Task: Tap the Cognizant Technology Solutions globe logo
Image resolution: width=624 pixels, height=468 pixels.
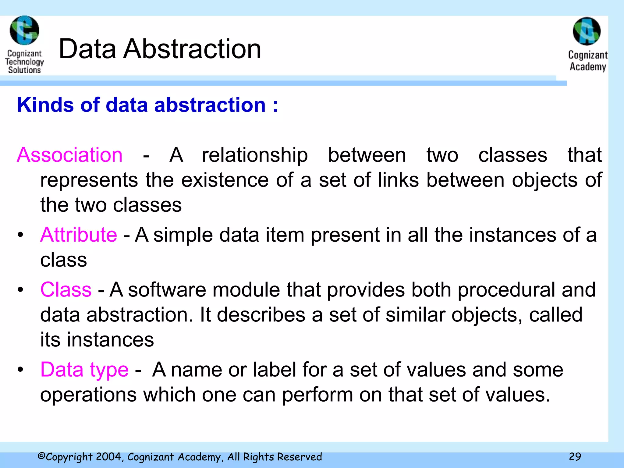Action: pos(24,30)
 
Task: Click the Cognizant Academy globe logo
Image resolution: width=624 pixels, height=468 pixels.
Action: pos(587,31)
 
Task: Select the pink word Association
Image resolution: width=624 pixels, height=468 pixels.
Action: pos(70,155)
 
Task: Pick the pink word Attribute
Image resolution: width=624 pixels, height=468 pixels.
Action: pos(79,235)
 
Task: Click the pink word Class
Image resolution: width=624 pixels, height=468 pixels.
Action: pos(66,289)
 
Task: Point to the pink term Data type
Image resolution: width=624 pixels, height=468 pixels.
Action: pos(84,370)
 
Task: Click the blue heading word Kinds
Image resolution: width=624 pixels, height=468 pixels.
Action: pos(45,105)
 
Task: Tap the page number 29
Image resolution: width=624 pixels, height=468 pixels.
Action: pos(575,456)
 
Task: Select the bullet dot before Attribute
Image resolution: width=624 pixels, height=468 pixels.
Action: pos(20,235)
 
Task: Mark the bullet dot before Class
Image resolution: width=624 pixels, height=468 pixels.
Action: pos(20,290)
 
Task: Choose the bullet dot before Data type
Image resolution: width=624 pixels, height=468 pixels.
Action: pos(20,370)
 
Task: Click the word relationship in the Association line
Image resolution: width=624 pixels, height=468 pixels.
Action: pos(255,155)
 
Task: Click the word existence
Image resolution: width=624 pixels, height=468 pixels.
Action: pos(225,180)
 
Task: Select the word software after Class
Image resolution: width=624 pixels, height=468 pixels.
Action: pos(167,289)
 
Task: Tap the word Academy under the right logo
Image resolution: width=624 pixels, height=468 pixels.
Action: pos(588,67)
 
